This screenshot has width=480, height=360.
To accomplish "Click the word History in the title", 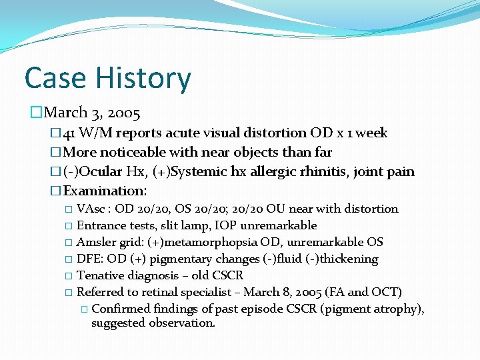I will tap(143, 78).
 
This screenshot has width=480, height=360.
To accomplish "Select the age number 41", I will tap(72, 133).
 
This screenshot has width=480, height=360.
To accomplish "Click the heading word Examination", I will tap(103, 191).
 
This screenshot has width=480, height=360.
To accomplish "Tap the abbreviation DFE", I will tap(88, 259).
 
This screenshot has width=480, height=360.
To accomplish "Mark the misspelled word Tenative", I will tap(99, 275).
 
